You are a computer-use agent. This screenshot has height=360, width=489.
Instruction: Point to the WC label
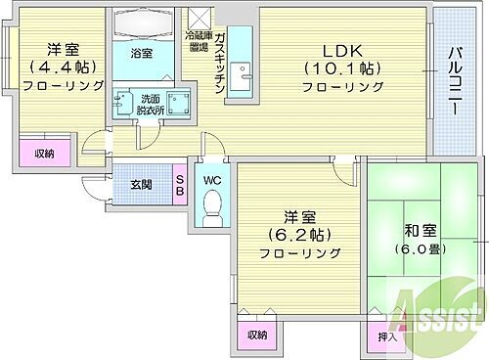212,180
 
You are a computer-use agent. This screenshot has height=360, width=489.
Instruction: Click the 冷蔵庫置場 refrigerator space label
200,39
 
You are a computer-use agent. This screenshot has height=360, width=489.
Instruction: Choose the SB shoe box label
180,185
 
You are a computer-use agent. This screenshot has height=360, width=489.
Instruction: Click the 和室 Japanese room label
420,231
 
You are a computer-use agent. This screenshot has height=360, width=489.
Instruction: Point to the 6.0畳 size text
420,248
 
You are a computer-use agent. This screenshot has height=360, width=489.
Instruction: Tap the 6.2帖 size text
299,235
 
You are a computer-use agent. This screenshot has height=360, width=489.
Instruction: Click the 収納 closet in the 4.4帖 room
43,154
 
